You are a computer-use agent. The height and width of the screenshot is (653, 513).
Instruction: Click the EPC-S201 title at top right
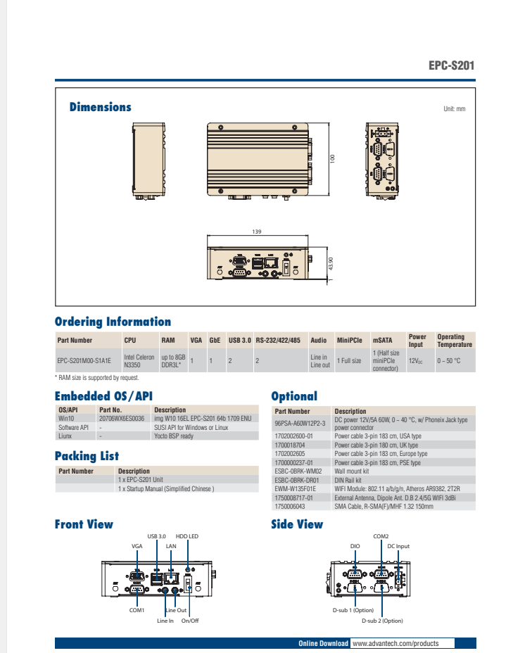[x=451, y=66]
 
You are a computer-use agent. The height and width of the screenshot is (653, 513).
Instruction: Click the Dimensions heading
[x=100, y=107]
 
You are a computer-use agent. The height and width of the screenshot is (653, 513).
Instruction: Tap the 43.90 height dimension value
[x=331, y=263]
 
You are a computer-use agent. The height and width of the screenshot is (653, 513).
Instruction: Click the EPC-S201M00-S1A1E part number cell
[x=84, y=360]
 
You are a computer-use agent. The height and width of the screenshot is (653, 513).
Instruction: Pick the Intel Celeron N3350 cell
[x=139, y=361]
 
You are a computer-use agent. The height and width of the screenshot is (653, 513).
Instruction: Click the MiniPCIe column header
[x=349, y=341]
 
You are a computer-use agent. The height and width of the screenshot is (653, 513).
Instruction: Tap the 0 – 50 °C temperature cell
[x=448, y=360]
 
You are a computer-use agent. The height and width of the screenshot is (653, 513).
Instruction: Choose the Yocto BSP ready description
[x=173, y=436]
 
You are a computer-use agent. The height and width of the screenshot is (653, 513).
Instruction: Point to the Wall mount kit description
[x=352, y=471]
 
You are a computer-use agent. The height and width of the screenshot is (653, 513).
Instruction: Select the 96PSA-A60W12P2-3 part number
[x=299, y=424]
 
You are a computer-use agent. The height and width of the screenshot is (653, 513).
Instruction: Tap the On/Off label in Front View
[x=190, y=621]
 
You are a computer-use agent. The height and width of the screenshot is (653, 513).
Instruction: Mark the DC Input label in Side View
[x=398, y=546]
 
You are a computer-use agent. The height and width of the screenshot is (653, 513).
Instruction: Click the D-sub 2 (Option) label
[x=382, y=621]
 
